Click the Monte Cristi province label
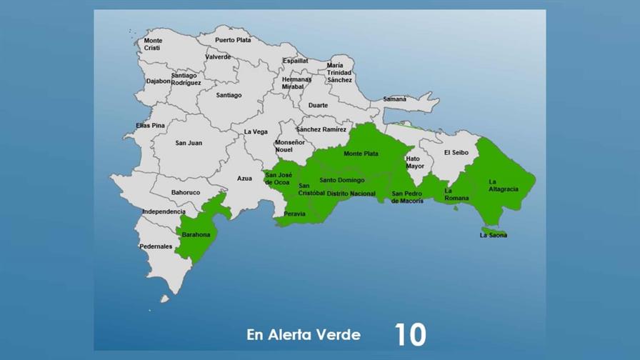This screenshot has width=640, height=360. [153, 44]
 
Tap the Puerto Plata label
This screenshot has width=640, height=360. [233, 40]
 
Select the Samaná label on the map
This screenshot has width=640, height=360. [394, 99]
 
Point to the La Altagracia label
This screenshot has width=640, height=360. [503, 185]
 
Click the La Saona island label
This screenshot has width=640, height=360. [494, 235]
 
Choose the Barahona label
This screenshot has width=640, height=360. [196, 235]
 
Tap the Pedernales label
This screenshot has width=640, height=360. [156, 246]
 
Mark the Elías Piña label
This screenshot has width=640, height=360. [150, 126]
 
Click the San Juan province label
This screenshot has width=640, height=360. [189, 143]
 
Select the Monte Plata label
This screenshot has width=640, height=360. [361, 154]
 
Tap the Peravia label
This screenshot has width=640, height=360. [294, 214]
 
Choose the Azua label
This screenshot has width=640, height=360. [244, 179]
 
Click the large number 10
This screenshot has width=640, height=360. [410, 334]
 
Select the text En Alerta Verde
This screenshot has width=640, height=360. [304, 334]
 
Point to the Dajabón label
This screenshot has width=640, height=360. [159, 81]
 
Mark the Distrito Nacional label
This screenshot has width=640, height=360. [351, 194]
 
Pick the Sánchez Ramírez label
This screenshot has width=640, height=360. [321, 129]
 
